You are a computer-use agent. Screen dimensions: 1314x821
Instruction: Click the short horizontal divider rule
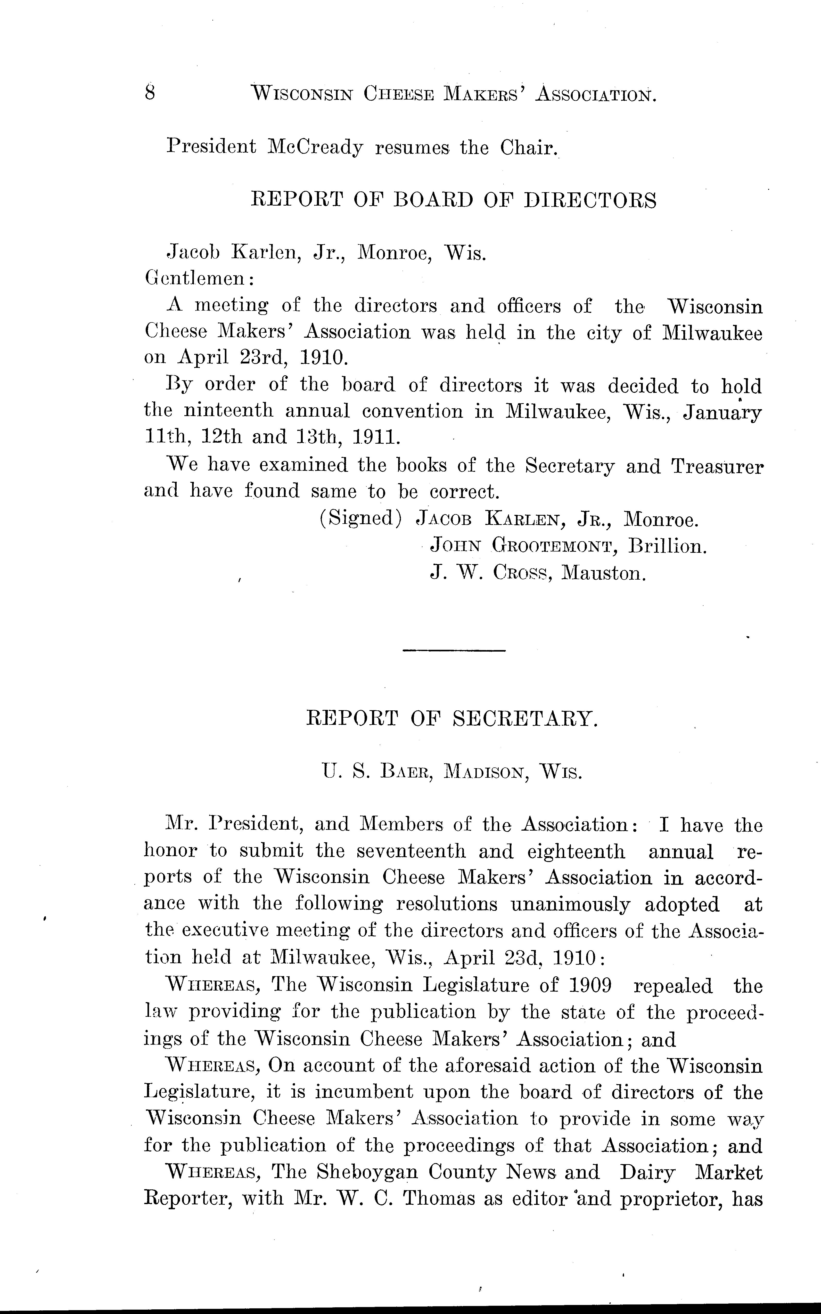(454, 650)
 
